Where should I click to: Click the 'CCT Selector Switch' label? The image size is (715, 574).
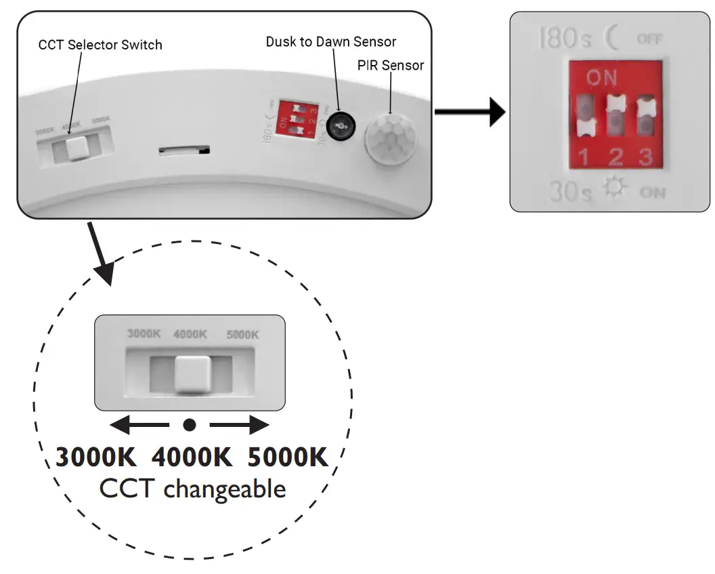coord(100,45)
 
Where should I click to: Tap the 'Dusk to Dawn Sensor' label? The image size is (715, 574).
coord(330,41)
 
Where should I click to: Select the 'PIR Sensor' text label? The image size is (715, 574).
coord(391,65)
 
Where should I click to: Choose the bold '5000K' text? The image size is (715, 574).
coord(288,457)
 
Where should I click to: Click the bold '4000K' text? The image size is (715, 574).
coord(192,457)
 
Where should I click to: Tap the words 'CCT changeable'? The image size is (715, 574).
coord(192,489)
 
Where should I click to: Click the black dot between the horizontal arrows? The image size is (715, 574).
coord(190,425)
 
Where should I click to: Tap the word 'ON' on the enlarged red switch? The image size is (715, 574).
coord(601,79)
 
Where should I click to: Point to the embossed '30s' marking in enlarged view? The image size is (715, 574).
coord(569,192)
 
